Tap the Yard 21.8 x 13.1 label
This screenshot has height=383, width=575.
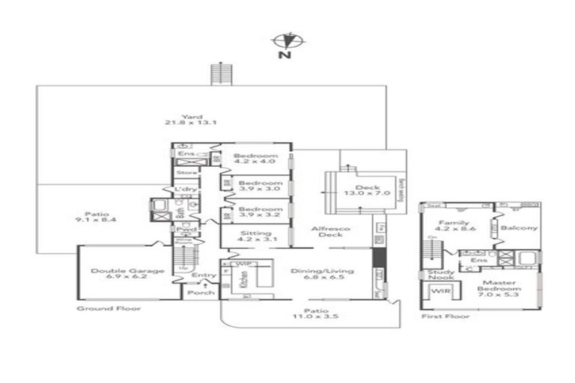coord(190,119)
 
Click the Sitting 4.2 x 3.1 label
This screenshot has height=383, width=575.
coord(255,236)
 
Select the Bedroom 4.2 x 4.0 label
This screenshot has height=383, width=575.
coord(255,159)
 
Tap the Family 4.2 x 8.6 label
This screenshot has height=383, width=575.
coord(454,226)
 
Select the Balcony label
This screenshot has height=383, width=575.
coord(519,227)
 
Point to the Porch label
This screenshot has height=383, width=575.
coord(200,292)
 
